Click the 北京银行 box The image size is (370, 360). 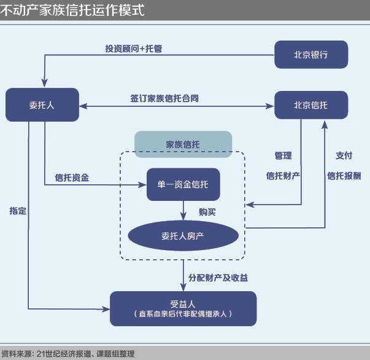(311, 55)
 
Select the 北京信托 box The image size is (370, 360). (311, 105)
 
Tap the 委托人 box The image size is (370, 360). (42, 105)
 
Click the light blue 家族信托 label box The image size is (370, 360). (183, 144)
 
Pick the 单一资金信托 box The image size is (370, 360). (183, 184)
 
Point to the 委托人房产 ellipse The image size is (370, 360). (182, 235)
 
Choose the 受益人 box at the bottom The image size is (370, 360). (182, 308)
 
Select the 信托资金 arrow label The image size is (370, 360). (72, 178)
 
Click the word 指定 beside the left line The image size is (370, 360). (18, 211)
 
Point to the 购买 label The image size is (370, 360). (207, 212)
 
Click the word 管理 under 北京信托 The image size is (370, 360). (283, 156)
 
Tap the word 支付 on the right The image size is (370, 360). (344, 156)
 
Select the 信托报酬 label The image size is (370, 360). (344, 176)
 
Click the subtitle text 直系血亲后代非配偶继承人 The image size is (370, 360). (182, 315)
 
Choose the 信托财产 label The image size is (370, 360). (283, 176)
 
